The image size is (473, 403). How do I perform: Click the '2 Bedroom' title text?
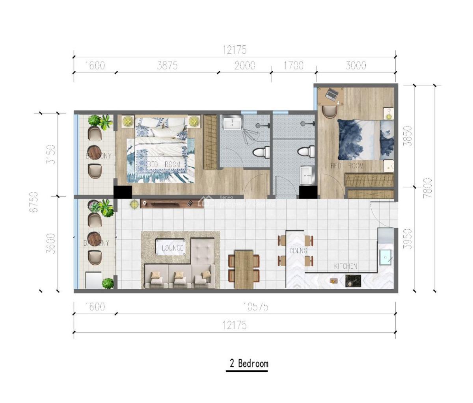coord(249,363)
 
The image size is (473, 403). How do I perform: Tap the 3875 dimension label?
coord(167,65)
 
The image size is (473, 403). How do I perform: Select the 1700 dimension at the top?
coord(293,65)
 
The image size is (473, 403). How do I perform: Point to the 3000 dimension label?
coord(356,65)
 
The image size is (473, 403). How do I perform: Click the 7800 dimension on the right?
coord(428,188)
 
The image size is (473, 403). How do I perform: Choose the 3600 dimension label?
coord(51,243)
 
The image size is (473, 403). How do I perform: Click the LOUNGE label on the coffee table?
coord(172,248)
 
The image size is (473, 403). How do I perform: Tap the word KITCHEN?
coord(346,266)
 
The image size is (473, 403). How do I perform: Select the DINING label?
coord(298,251)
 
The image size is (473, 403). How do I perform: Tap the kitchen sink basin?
coord(385,257)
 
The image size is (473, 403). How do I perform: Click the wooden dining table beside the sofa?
coord(244,270)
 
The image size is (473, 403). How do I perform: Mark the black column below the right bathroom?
coord(308,192)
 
